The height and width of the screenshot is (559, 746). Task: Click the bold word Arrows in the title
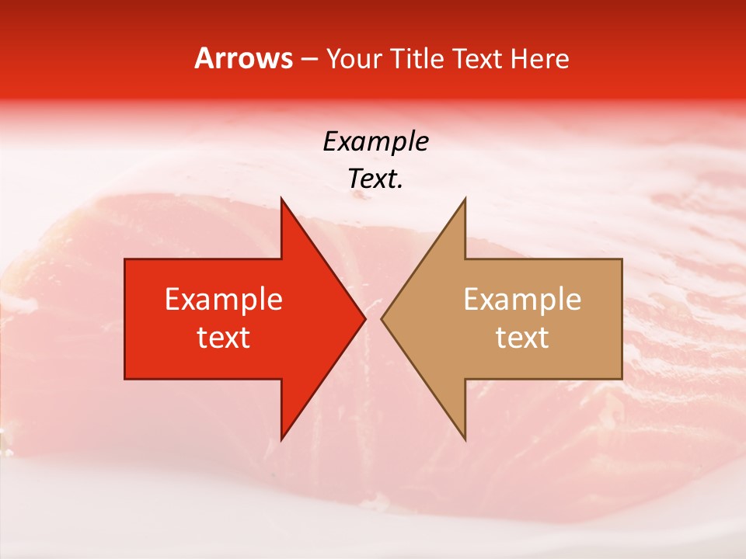pos(244,58)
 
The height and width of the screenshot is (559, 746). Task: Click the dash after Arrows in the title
pos(309,59)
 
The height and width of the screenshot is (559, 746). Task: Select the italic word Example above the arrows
pos(376,142)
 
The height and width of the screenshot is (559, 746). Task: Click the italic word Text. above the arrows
pos(376,179)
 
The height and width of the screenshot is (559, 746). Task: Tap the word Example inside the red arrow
pos(224,300)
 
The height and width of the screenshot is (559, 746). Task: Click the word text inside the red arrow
pos(224,338)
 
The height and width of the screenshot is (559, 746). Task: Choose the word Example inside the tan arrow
pos(522,300)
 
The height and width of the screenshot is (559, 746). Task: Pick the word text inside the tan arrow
pos(522,338)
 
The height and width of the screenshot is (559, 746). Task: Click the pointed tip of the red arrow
pos(365,318)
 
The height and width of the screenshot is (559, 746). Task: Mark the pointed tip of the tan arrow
pos(382,318)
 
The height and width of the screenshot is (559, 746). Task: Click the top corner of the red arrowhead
pos(281,199)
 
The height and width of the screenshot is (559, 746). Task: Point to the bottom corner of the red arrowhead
pos(281,439)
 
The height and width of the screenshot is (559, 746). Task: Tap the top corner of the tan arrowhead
pos(465,199)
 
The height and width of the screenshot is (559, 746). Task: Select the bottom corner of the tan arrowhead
pos(465,439)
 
